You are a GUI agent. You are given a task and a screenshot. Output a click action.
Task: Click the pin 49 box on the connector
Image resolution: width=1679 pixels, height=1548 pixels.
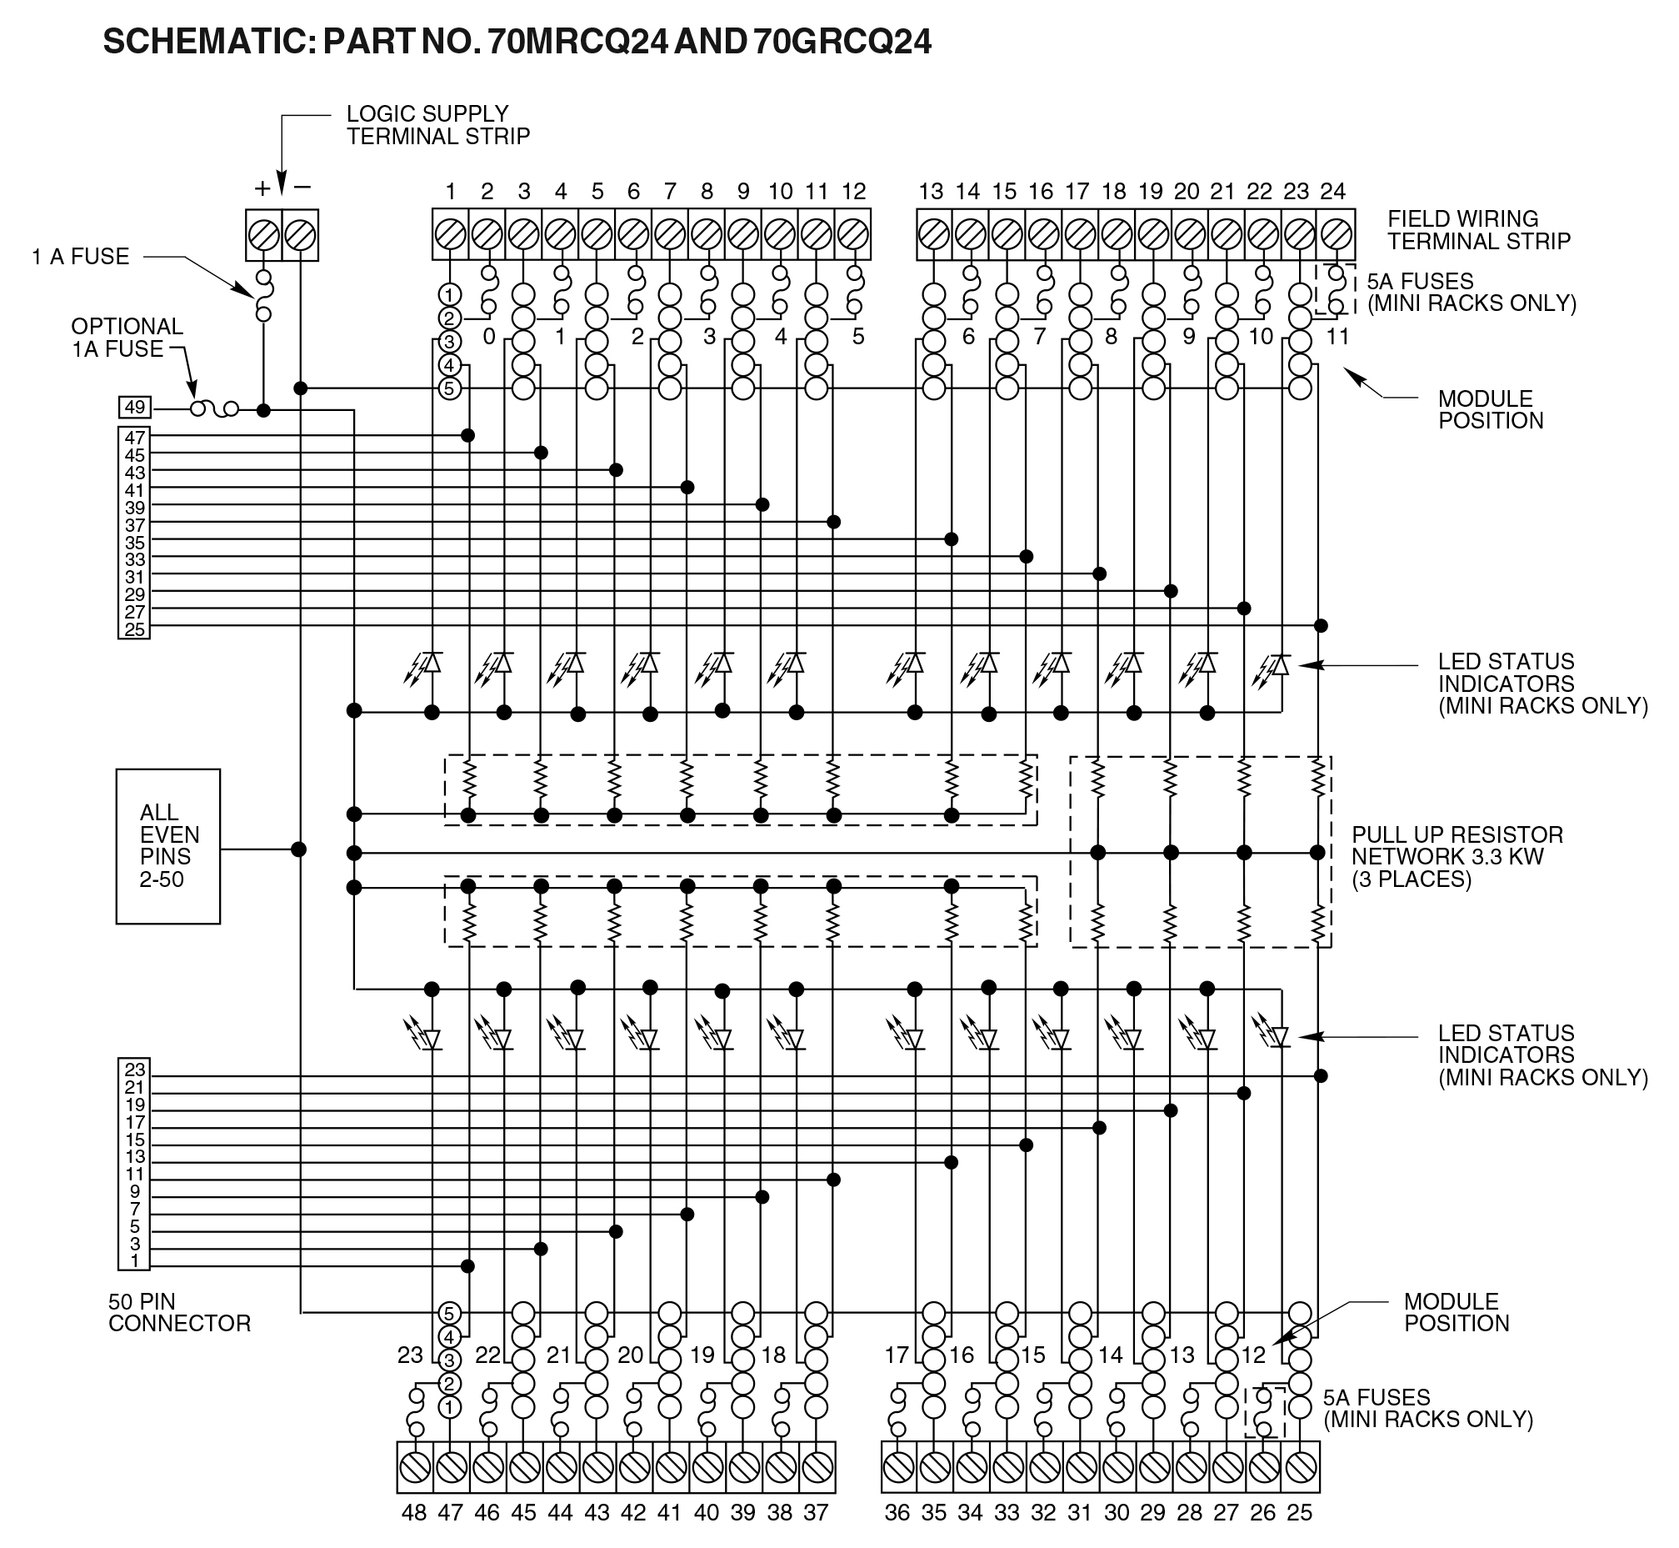coord(134,408)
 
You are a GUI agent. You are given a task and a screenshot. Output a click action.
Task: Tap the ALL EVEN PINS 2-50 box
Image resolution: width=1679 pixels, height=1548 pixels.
coord(168,846)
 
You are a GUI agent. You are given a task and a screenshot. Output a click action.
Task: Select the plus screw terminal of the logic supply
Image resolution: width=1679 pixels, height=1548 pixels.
coord(264,235)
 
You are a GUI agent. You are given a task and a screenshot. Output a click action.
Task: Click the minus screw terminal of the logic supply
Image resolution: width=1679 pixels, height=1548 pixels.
coord(300,235)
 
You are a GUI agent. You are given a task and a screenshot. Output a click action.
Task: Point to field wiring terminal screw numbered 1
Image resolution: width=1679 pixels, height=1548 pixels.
coord(451,234)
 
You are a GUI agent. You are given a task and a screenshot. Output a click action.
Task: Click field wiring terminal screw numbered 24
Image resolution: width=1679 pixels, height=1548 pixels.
coord(1336,234)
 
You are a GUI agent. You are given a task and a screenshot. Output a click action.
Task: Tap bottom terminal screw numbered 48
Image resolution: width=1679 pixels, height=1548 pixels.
coord(415,1467)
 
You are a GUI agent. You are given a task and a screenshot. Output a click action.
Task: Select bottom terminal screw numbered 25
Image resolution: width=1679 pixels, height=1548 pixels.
coord(1301,1467)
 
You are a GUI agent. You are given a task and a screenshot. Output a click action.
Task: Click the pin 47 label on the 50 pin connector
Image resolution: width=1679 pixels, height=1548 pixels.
coord(135,438)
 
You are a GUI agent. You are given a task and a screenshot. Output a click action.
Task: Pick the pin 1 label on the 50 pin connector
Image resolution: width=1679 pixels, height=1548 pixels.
coord(135,1260)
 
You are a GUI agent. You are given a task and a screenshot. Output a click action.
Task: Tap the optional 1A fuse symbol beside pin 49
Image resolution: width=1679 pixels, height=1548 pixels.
coord(214,408)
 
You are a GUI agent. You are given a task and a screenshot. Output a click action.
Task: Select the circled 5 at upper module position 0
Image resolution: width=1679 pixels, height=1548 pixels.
coord(451,388)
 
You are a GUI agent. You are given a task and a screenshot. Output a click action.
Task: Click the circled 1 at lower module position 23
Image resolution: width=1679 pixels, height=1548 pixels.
coord(450,1406)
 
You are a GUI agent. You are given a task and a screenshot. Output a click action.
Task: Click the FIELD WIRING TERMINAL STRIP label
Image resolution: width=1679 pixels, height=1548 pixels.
coord(1478,230)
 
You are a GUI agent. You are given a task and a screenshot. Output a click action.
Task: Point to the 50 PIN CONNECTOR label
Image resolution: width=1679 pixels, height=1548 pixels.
coord(179,1313)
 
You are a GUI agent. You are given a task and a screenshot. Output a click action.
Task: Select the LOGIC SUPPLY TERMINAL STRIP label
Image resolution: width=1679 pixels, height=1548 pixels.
coord(438,125)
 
